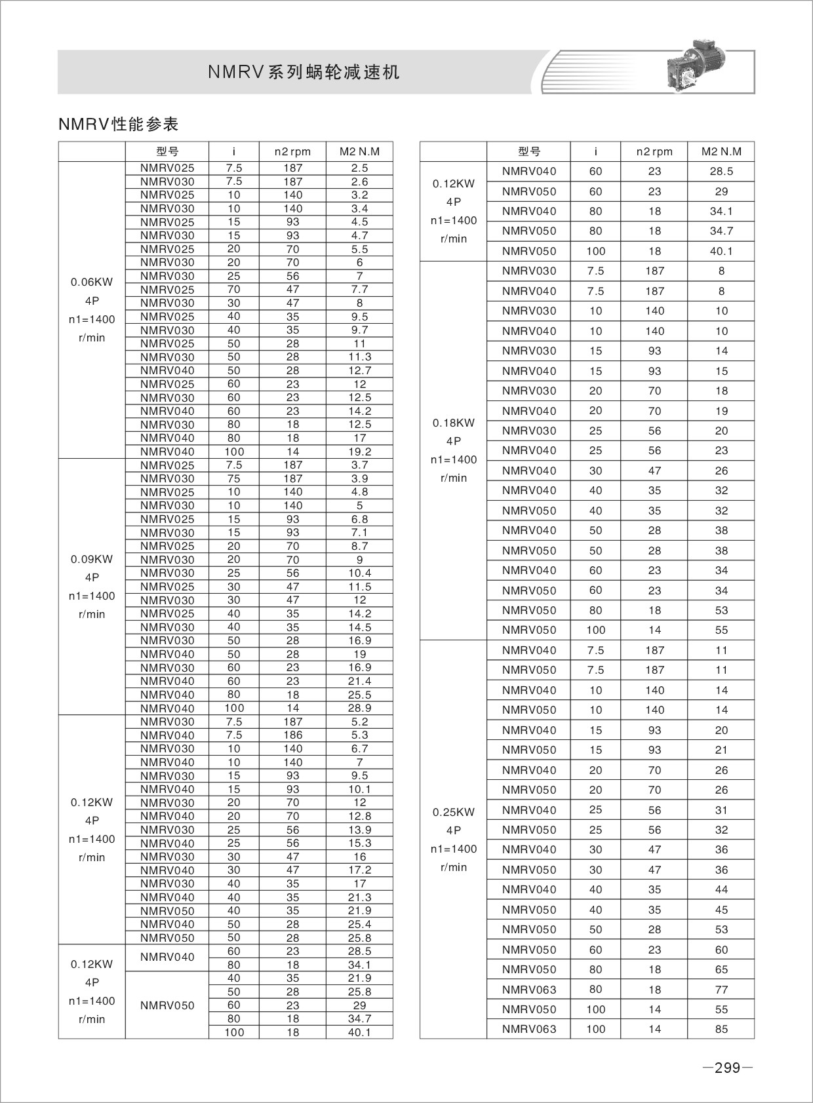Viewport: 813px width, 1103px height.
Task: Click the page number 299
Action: pyautogui.click(x=727, y=1068)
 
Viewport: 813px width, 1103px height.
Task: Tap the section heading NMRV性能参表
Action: pyautogui.click(x=118, y=124)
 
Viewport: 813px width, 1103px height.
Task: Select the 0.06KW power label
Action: pyautogui.click(x=92, y=282)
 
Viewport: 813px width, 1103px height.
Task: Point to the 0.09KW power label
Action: pyautogui.click(x=92, y=559)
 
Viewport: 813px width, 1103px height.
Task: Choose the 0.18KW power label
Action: pyautogui.click(x=454, y=423)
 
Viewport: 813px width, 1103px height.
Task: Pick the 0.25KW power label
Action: pyautogui.click(x=454, y=812)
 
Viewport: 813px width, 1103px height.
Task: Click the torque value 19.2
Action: pyautogui.click(x=359, y=452)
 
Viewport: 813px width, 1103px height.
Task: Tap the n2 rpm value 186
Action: pyautogui.click(x=292, y=735)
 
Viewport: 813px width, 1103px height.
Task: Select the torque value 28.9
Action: pyautogui.click(x=359, y=708)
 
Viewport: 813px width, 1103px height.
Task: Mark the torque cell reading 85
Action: pyautogui.click(x=721, y=1029)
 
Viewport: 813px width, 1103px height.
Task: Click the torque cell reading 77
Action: pyautogui.click(x=721, y=990)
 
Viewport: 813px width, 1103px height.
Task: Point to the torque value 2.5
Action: pyautogui.click(x=359, y=168)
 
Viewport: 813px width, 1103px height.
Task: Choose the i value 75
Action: pyautogui.click(x=234, y=478)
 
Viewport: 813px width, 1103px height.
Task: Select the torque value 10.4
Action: pyautogui.click(x=359, y=573)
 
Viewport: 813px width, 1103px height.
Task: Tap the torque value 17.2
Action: pyautogui.click(x=359, y=870)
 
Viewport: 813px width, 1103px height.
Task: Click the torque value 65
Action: pyautogui.click(x=721, y=969)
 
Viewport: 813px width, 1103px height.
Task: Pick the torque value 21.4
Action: pyautogui.click(x=359, y=681)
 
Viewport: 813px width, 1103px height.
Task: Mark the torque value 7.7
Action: pyautogui.click(x=359, y=290)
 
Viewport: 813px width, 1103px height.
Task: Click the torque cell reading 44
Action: pyautogui.click(x=721, y=889)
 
